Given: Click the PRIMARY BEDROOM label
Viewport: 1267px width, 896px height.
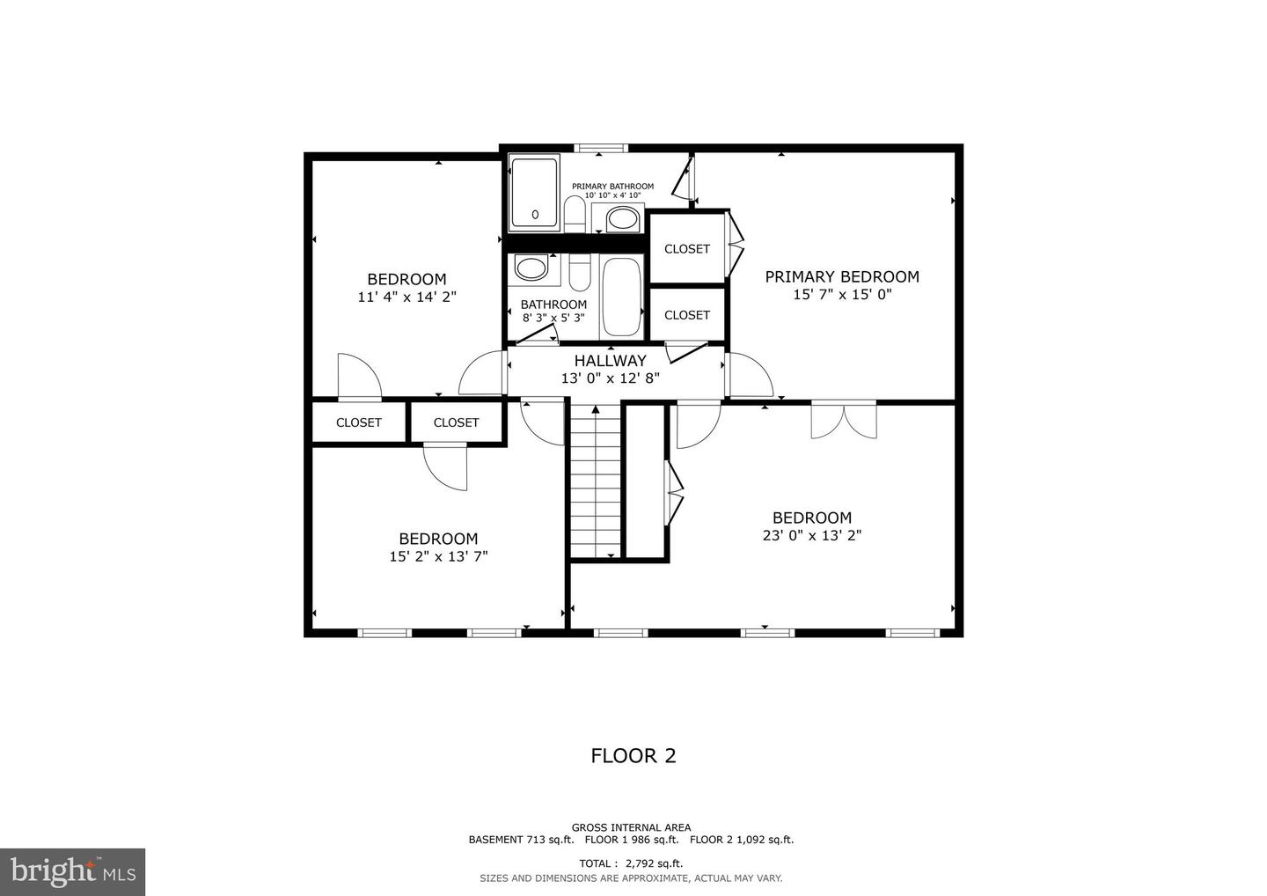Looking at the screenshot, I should click(x=842, y=276).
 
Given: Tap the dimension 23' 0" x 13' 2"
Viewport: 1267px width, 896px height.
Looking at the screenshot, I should click(x=811, y=535).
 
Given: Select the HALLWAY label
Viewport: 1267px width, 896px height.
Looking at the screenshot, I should click(x=611, y=360).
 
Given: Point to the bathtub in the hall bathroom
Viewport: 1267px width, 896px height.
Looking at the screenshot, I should click(x=622, y=297).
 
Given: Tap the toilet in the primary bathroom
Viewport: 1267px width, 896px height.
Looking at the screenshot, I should click(x=575, y=212).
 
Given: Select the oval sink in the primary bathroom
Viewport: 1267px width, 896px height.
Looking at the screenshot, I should click(x=623, y=217).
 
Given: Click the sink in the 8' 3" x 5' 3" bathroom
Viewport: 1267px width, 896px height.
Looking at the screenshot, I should click(x=531, y=268).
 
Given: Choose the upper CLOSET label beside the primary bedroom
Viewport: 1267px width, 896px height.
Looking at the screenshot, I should click(x=687, y=249).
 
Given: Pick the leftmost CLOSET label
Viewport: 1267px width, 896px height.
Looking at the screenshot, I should click(x=359, y=422).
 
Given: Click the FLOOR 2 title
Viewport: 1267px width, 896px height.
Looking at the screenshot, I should click(x=633, y=755).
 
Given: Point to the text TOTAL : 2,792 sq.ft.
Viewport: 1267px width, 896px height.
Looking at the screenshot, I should click(x=631, y=863).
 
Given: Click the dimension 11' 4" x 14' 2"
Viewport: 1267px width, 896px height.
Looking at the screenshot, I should click(x=406, y=297).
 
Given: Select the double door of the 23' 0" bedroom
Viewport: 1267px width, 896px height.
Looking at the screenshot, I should click(x=844, y=419).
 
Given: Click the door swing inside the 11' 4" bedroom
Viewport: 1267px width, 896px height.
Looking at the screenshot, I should click(x=358, y=376).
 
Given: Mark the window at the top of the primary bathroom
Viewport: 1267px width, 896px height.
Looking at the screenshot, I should click(x=603, y=148).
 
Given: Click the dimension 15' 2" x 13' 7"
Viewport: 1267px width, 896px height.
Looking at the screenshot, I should click(x=438, y=556).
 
